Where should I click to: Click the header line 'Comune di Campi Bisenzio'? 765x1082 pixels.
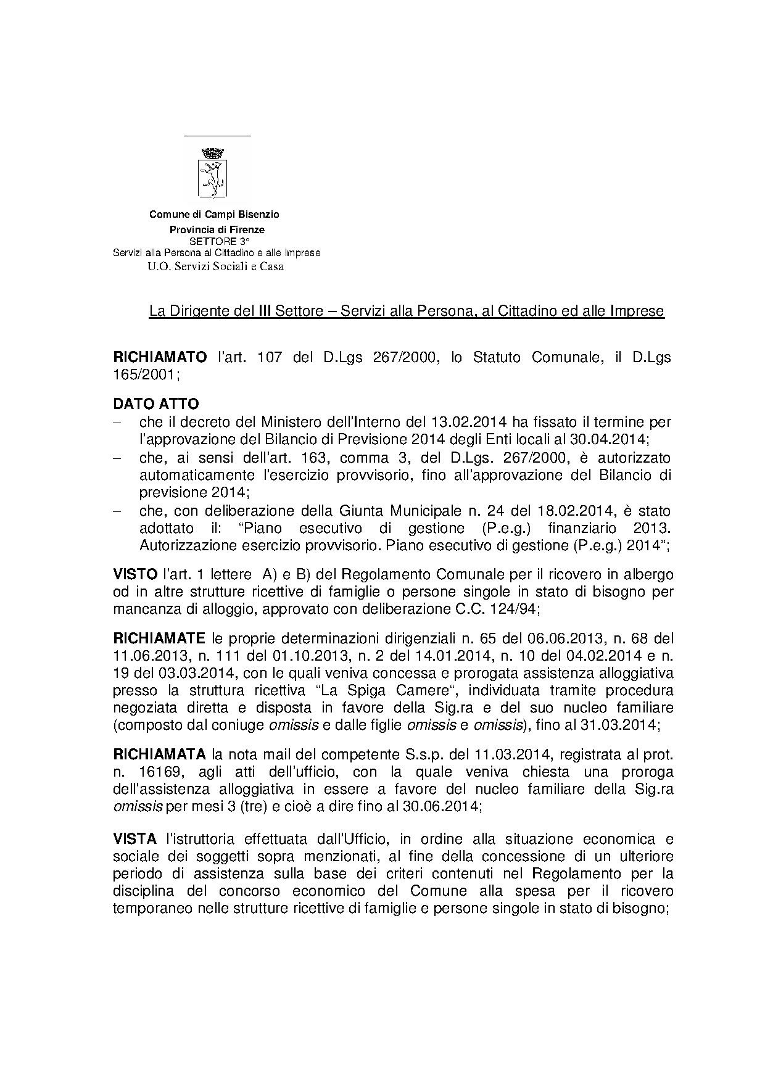(214, 215)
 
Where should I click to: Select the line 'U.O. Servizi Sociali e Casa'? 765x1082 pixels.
(215, 266)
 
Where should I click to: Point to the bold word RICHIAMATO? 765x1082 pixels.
(160, 358)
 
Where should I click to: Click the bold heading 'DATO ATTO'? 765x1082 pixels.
(156, 404)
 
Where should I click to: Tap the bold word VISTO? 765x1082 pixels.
(136, 574)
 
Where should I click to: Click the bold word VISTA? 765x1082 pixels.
(136, 840)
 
